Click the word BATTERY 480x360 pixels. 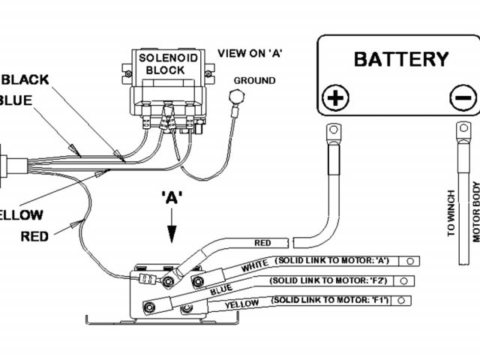tap(401, 59)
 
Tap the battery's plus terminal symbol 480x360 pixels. tap(335, 97)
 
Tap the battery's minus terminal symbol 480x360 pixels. tap(463, 97)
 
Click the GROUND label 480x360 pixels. tap(254, 80)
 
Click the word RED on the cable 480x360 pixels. tap(262, 243)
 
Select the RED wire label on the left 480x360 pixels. tap(34, 235)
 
